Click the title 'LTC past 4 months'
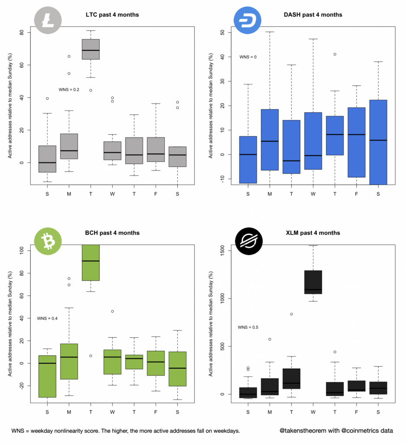tap(112, 15)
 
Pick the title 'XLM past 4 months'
tap(313, 233)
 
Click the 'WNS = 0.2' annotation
tap(69, 90)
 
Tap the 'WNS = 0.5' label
tap(248, 327)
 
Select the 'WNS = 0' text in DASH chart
tap(248, 57)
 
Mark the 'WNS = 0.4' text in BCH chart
tap(47, 319)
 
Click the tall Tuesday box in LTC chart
tap(91, 49)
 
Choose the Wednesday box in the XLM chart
tap(313, 282)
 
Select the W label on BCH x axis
tap(112, 411)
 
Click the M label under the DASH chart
tap(270, 193)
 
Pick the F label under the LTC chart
tap(156, 193)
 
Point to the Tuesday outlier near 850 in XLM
tap(291, 314)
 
